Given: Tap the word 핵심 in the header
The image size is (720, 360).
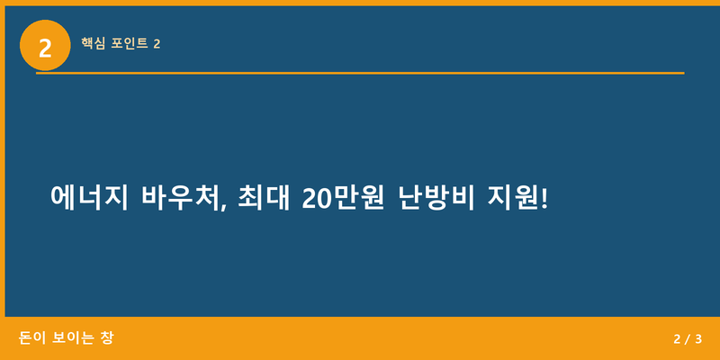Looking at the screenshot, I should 94,43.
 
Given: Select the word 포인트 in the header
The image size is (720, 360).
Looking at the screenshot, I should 130,43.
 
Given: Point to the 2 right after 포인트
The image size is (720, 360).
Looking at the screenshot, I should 157,43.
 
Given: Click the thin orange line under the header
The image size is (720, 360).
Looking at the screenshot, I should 360,72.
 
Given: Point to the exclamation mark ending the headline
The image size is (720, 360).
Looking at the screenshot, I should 543,197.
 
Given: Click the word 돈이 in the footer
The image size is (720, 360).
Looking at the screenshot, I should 32,338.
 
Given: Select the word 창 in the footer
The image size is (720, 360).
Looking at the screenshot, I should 107,338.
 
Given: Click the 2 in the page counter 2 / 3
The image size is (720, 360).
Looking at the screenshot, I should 677,339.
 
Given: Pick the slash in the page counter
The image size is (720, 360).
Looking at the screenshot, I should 687,339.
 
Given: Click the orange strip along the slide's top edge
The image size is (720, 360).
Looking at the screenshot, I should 360,3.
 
